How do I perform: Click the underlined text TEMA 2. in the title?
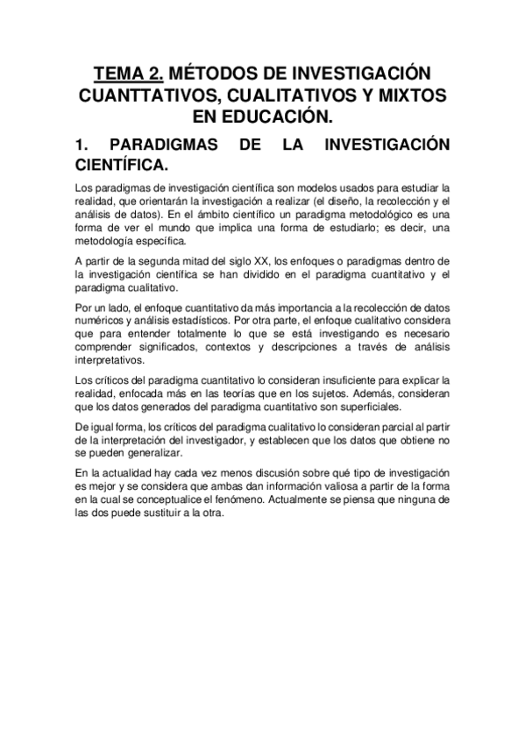(x=126, y=72)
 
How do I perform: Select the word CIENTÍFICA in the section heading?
(x=124, y=166)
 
